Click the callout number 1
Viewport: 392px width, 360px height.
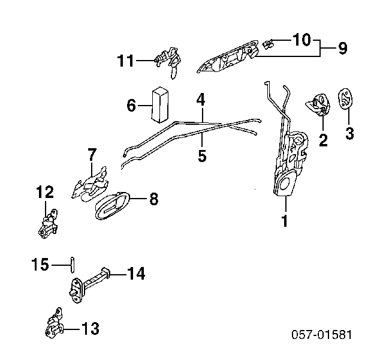(285, 220)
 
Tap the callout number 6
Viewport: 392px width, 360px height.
(131, 106)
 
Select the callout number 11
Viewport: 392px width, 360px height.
(126, 60)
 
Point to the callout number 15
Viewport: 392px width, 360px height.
(40, 265)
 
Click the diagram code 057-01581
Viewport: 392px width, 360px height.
(322, 334)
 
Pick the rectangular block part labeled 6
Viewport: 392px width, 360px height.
(160, 105)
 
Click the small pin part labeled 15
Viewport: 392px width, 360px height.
(73, 265)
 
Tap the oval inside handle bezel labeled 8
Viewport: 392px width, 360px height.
(113, 206)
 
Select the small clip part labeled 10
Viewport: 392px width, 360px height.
(268, 44)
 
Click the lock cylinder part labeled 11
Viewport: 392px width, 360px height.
(168, 61)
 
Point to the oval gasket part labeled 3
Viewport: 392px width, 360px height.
(345, 99)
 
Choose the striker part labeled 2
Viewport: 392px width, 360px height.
(318, 105)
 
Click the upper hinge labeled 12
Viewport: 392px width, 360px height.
(48, 224)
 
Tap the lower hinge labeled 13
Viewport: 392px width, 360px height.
(55, 323)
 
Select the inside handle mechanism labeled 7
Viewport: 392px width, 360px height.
(91, 184)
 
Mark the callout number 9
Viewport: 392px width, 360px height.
(343, 48)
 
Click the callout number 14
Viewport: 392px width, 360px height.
(136, 274)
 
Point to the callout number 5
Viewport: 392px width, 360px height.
(202, 156)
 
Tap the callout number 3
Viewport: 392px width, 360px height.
(349, 133)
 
